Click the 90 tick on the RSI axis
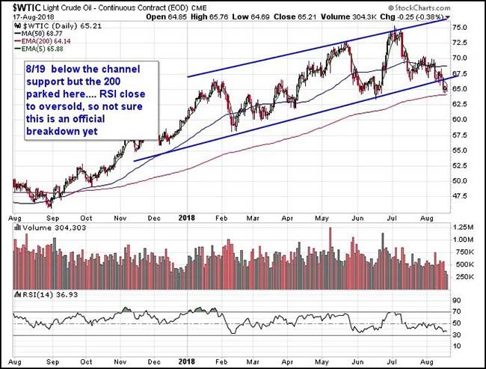point(458,299)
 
